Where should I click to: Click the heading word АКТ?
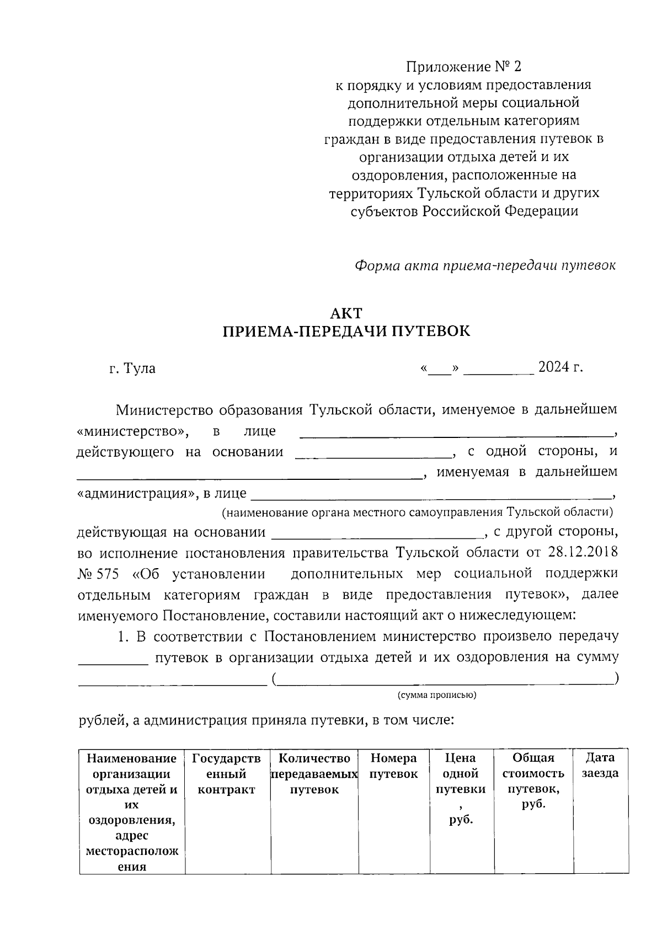[x=346, y=313]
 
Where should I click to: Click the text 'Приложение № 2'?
[x=463, y=67]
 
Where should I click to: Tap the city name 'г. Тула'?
[x=132, y=368]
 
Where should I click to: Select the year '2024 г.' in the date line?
[x=560, y=367]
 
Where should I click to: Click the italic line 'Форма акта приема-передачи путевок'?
[x=485, y=265]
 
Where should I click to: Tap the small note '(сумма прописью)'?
[x=437, y=695]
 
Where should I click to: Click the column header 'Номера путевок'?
[x=393, y=766]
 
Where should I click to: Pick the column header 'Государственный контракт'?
[x=227, y=774]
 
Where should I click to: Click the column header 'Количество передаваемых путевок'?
[x=314, y=774]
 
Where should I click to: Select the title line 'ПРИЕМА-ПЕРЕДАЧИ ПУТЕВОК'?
[x=346, y=332]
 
